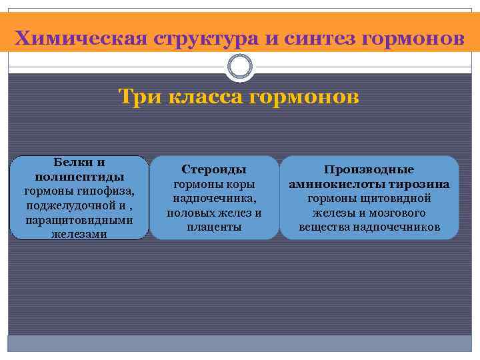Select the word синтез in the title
click(319, 38)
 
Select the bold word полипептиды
click(79, 177)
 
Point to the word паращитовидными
click(79, 220)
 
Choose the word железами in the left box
click(79, 234)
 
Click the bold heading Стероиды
click(213, 170)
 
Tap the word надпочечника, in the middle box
click(213, 199)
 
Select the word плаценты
click(213, 227)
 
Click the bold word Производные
click(369, 170)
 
